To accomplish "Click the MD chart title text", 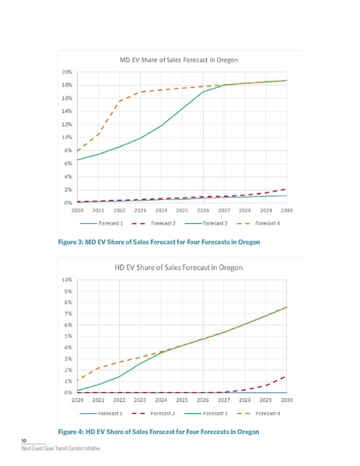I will tap(178, 59).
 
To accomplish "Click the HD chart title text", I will tap(178, 266).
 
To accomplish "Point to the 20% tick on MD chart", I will tap(68, 72).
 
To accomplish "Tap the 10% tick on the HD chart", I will tap(68, 279).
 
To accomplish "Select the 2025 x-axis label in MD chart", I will tap(182, 210).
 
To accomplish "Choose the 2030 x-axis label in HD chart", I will tap(287, 400).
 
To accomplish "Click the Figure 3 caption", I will tap(159, 242).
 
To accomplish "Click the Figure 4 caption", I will tap(159, 431).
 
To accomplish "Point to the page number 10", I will tap(24, 440).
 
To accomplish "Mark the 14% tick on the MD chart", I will tap(68, 111).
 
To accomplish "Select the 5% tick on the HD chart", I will tap(69, 335).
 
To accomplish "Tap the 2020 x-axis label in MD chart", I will tap(78, 210).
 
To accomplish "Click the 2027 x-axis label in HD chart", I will tap(224, 400).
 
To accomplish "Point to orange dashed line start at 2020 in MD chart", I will tap(78, 151).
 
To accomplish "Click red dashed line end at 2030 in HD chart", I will tap(287, 377).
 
